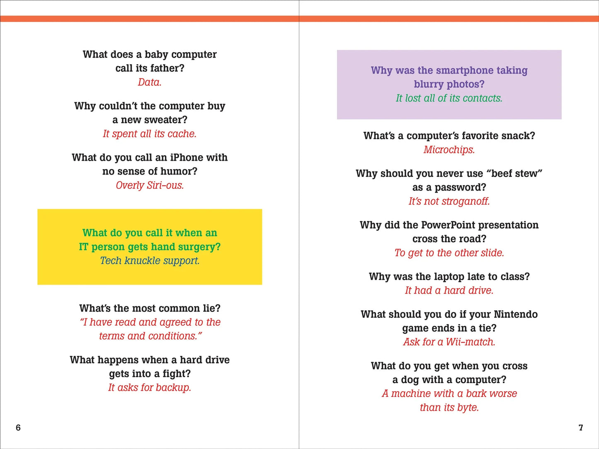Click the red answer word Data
point(149,82)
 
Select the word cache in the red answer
point(182,134)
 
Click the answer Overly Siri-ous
point(150,185)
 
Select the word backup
point(173,388)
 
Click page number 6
point(18,427)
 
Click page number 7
point(581,427)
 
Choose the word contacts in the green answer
point(482,98)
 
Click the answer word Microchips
point(449,150)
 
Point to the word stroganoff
point(466,201)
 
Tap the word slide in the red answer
point(491,253)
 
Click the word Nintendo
point(516,314)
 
